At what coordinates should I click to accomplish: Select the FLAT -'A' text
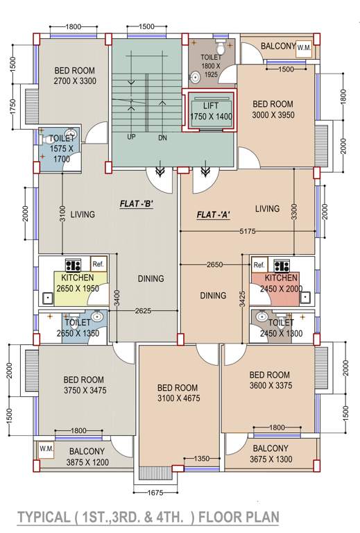(214, 214)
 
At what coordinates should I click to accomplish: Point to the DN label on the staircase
(162, 137)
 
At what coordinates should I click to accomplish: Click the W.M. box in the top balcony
(305, 48)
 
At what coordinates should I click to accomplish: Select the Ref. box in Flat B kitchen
(98, 264)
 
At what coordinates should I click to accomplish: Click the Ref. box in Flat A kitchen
(259, 264)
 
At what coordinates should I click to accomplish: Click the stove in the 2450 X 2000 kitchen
(282, 264)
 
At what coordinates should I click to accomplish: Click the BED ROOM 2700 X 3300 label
(75, 76)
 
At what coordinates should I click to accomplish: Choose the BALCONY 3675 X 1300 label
(271, 454)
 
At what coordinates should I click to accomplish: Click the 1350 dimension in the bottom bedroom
(201, 459)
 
